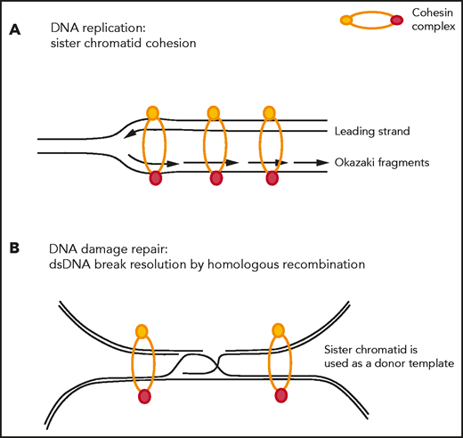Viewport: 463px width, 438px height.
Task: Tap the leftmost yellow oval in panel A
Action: pos(153,112)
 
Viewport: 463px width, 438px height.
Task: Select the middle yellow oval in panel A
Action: pos(213,112)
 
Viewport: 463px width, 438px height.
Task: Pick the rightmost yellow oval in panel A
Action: pos(269,112)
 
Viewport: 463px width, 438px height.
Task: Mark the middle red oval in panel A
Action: pos(215,179)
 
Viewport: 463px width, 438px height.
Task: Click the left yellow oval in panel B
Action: pos(141,330)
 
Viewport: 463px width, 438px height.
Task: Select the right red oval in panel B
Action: pos(282,394)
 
